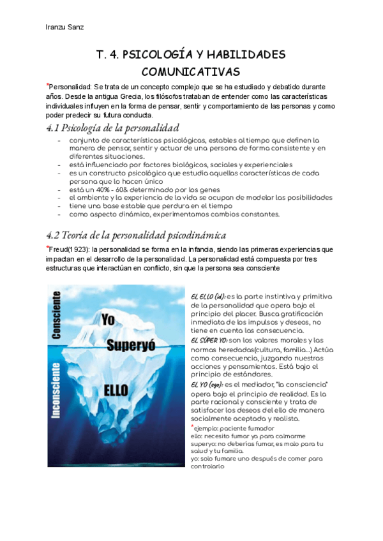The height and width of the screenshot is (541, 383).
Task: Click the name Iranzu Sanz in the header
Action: [x=64, y=27]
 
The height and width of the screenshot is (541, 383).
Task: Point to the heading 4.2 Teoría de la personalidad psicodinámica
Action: [x=137, y=235]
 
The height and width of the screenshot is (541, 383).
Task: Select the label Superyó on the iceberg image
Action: [x=128, y=346]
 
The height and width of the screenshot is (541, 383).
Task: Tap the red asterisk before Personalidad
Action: [x=47, y=85]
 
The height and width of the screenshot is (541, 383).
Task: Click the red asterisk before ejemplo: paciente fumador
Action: [x=193, y=426]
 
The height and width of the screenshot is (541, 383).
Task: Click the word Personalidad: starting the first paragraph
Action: [x=71, y=87]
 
